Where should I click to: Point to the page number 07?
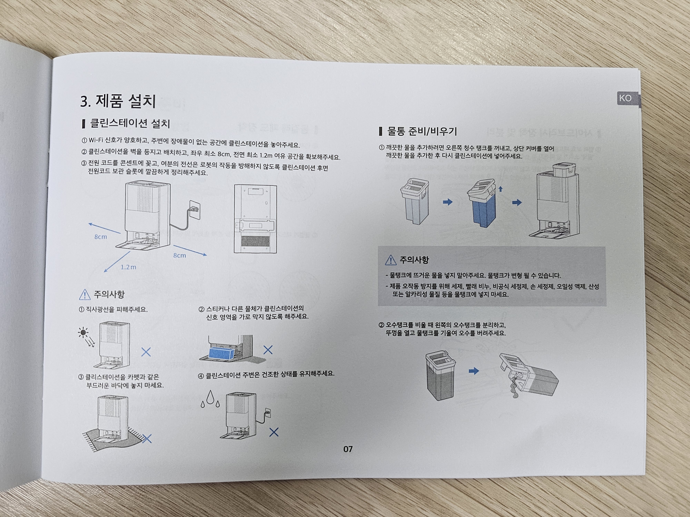[348, 449]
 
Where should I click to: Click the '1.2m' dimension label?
[128, 267]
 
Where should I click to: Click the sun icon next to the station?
[83, 333]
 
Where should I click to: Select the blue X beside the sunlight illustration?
[146, 352]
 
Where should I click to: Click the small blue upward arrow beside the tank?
[500, 189]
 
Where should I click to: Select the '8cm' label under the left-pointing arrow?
[100, 237]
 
